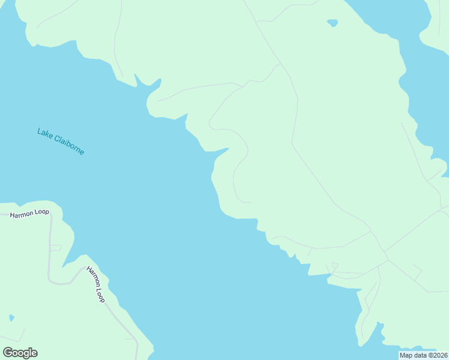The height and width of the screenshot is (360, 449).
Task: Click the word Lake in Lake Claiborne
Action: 45,133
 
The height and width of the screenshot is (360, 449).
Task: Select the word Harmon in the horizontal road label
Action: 20,214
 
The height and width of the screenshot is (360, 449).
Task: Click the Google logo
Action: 20,353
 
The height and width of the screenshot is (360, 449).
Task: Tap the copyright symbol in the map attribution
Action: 427,355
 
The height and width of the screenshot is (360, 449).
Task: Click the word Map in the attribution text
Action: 406,355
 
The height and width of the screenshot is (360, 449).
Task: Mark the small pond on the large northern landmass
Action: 332,23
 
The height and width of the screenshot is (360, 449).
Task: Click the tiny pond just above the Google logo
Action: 11,317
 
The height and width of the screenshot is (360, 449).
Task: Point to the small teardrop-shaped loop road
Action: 334,266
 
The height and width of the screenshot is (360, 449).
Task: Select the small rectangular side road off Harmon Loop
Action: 55,247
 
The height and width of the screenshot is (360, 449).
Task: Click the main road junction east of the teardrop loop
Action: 387,259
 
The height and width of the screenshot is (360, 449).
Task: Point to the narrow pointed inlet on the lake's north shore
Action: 137,78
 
